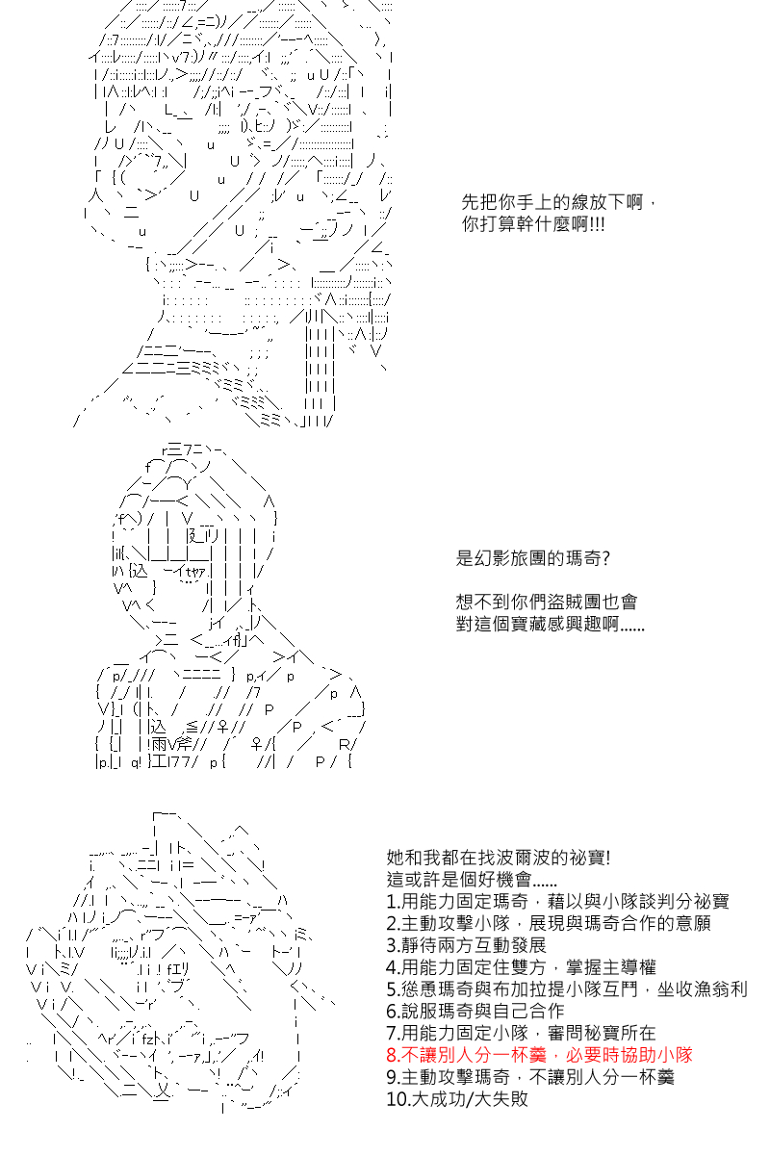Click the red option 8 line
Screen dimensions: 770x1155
point(539,1055)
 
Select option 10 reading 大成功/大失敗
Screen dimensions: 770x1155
point(457,1099)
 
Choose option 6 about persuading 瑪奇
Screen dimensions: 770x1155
point(475,1011)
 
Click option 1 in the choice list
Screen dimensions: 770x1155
point(557,901)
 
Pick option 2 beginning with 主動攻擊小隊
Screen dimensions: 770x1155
point(549,923)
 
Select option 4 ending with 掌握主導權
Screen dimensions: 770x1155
point(521,966)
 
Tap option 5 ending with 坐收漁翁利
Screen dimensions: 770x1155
point(567,989)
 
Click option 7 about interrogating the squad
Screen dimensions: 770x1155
point(521,1033)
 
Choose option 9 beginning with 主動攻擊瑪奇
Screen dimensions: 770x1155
point(530,1077)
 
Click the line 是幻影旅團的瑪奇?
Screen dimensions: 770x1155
point(533,558)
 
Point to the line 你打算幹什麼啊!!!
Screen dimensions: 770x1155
point(533,224)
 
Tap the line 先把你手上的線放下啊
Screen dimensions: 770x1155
point(552,201)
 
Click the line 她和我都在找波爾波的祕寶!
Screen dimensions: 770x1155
point(499,858)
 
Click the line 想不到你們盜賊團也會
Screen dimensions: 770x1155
point(547,602)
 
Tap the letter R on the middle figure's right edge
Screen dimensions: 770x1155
point(344,744)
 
